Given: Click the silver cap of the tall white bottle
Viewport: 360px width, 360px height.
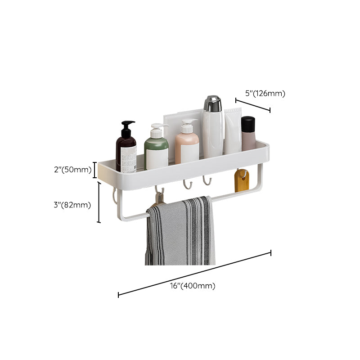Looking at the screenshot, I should point(212,104).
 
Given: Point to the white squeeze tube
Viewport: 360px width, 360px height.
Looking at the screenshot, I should point(233,130).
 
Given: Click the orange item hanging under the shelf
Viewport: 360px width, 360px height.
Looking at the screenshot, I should point(242,180).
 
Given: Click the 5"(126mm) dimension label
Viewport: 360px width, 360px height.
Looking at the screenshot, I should point(265,94).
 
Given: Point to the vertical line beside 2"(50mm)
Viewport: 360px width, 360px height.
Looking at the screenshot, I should point(95,170).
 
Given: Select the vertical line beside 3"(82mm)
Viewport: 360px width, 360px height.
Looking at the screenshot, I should point(99,202).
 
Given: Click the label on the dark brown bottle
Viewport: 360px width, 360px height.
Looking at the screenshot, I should point(129,158).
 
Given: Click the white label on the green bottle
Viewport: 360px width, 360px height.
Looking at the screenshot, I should point(157,158).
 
